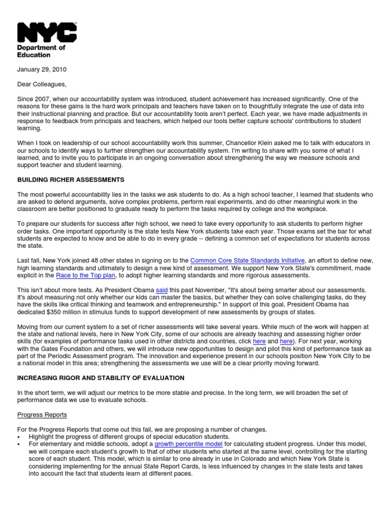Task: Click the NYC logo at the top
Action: click(47, 32)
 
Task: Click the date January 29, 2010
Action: click(42, 69)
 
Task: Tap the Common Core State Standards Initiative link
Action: click(247, 260)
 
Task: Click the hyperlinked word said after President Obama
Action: click(162, 290)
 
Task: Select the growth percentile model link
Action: click(188, 444)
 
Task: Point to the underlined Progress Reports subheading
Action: click(42, 415)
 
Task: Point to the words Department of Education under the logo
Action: click(41, 51)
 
